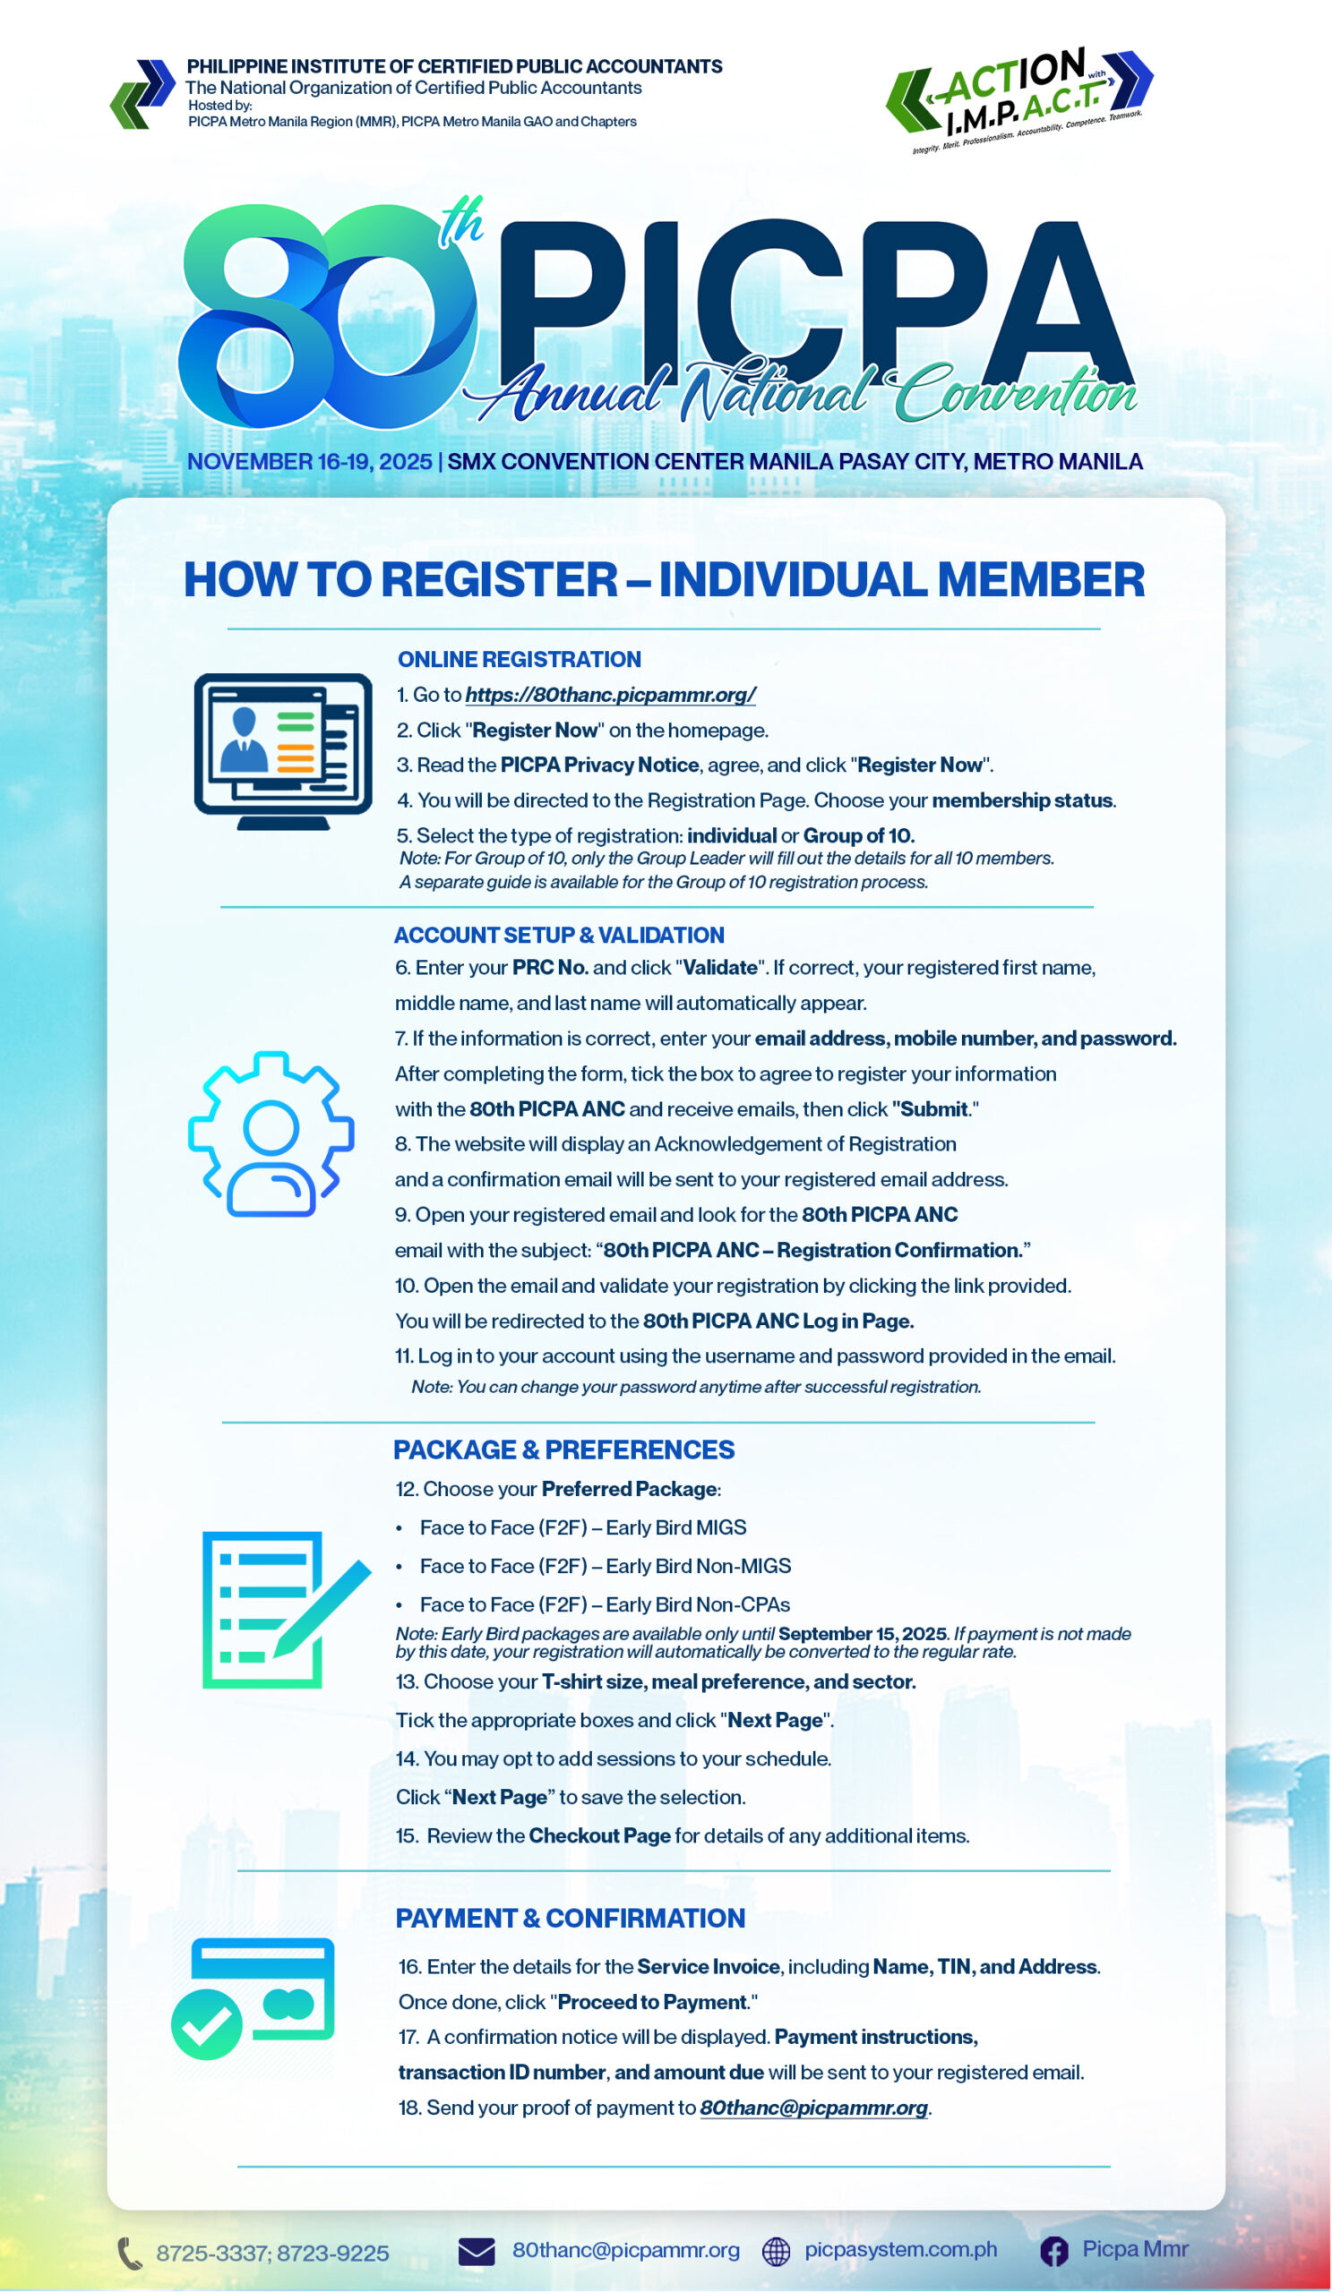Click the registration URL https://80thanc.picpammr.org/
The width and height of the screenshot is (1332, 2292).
click(610, 695)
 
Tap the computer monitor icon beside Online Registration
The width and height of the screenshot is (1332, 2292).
click(282, 749)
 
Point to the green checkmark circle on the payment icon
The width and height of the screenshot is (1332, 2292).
click(207, 2023)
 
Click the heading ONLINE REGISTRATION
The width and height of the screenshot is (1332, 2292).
click(519, 660)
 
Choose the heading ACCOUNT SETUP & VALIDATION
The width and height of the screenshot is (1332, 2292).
click(559, 935)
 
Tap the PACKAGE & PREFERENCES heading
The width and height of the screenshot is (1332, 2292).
click(563, 1450)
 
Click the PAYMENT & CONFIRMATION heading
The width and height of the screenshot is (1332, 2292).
click(570, 1918)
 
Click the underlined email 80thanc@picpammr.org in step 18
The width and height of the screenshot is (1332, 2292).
click(813, 2108)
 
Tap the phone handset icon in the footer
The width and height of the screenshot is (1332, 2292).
click(129, 2253)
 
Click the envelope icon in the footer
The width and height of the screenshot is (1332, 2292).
click(477, 2252)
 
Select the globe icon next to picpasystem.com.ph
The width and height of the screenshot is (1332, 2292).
click(775, 2252)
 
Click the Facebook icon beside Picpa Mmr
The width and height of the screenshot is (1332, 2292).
click(1053, 2252)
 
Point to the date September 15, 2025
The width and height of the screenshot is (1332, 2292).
click(862, 1634)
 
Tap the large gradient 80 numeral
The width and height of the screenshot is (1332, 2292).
click(328, 313)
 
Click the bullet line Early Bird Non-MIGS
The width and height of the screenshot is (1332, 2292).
click(605, 1566)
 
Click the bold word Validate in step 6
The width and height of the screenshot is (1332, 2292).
click(719, 968)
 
